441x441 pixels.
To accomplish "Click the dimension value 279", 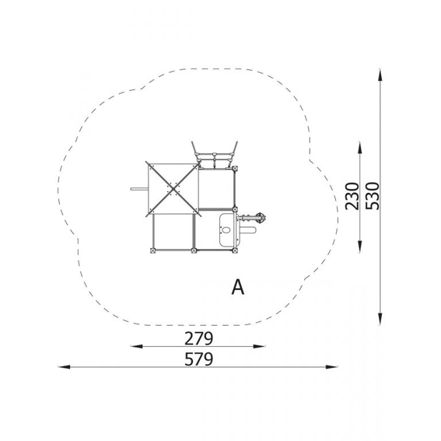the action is point(198,338).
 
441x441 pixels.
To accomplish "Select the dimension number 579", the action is point(198,359).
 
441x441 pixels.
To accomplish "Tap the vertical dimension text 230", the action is point(352,196).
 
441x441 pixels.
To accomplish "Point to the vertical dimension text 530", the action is point(373,196).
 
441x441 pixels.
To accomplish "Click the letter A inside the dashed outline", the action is point(238,287).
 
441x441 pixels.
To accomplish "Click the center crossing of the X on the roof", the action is point(173,189).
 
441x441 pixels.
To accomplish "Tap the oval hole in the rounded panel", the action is point(226,229).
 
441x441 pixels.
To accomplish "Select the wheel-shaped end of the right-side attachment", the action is point(261,218).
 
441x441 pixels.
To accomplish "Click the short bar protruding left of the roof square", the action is point(139,189).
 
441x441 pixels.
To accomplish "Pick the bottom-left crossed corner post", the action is point(152,250).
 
